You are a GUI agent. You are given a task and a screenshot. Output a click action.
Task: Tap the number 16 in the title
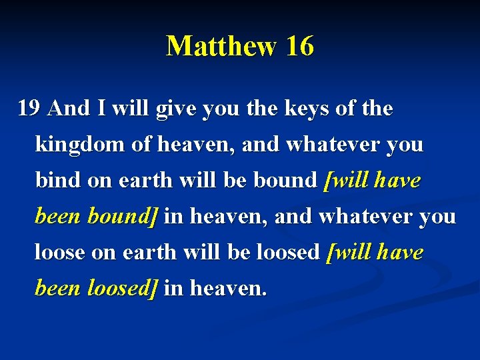coord(299,47)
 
